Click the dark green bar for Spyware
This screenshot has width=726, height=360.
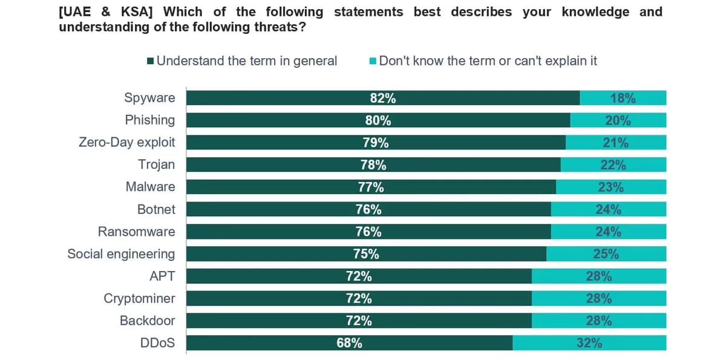pyautogui.click(x=383, y=98)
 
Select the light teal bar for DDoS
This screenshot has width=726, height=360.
pyautogui.click(x=589, y=343)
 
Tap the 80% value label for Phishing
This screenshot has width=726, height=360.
pyautogui.click(x=378, y=120)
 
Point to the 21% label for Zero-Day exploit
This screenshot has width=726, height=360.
pyautogui.click(x=615, y=143)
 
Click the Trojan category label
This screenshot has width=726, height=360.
pyautogui.click(x=157, y=165)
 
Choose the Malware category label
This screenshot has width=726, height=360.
pyautogui.click(x=151, y=187)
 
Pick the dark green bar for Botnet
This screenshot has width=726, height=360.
pyautogui.click(x=368, y=209)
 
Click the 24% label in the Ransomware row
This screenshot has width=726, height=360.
pyautogui.click(x=609, y=232)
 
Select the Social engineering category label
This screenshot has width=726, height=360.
pyautogui.click(x=121, y=254)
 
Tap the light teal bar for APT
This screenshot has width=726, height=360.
pyautogui.click(x=599, y=276)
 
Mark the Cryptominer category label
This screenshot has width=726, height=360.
pyautogui.click(x=139, y=298)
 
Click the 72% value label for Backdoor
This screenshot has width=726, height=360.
pyautogui.click(x=359, y=321)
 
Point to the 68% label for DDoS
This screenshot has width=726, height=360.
pyautogui.click(x=349, y=343)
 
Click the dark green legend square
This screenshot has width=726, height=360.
pyautogui.click(x=150, y=61)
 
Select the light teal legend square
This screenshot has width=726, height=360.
pyautogui.click(x=373, y=61)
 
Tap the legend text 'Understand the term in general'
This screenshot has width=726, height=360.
pyautogui.click(x=247, y=61)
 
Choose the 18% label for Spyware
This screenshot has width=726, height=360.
pyautogui.click(x=623, y=98)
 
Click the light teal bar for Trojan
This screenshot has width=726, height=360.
pyautogui.click(x=613, y=165)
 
